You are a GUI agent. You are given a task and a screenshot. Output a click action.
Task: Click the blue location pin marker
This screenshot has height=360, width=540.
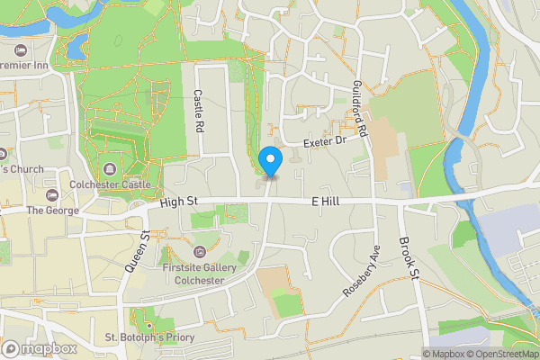270,160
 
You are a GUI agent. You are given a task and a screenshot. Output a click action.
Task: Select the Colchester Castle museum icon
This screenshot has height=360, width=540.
110,169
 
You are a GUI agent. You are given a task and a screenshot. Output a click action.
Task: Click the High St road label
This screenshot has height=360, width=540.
178,203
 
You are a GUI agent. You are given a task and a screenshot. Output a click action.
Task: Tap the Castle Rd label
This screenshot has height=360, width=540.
200,112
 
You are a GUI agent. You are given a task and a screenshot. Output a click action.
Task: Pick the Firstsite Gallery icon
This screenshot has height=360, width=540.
198,250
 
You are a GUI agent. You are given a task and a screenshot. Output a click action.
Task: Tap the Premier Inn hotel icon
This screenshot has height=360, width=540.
20,49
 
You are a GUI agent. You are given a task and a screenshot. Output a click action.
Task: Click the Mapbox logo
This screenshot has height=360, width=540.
40,348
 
